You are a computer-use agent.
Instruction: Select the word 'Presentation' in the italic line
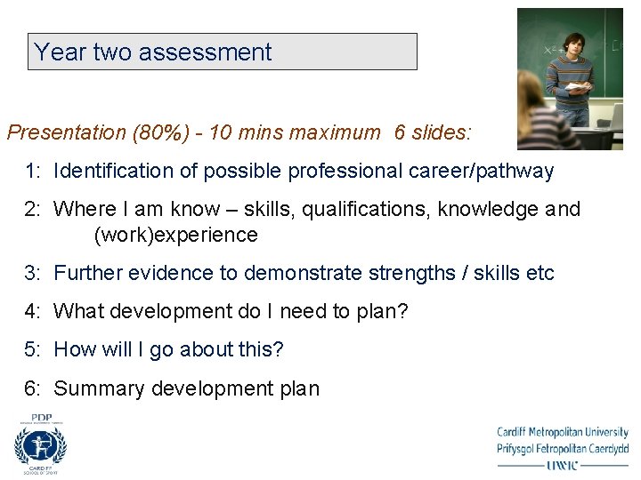(67, 133)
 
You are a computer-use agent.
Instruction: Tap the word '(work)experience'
(175, 236)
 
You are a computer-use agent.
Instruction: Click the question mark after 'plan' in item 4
(403, 311)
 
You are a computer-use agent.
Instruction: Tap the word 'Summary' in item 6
(99, 388)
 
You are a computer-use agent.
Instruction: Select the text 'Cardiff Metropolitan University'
(563, 433)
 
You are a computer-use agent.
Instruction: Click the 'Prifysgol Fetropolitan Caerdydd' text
(563, 448)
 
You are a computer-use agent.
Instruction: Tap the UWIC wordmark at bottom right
(563, 464)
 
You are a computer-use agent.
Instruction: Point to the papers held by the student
(578, 86)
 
